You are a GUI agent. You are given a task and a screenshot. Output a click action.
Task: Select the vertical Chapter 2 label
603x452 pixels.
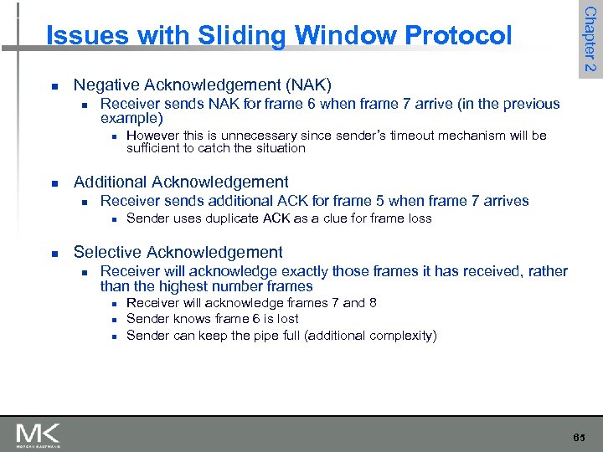tap(590, 39)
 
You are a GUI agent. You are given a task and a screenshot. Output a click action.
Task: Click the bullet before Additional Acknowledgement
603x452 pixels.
tap(54, 182)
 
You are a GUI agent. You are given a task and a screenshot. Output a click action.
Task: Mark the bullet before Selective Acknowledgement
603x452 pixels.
tap(54, 253)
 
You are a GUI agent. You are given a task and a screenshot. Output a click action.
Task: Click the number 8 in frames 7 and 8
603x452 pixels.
tap(372, 302)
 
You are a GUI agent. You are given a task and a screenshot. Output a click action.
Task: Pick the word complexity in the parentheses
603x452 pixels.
tap(400, 336)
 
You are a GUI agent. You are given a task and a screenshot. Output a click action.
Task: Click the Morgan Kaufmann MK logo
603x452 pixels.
tap(37, 434)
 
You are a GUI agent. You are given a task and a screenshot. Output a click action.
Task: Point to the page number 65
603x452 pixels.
tap(580, 439)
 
